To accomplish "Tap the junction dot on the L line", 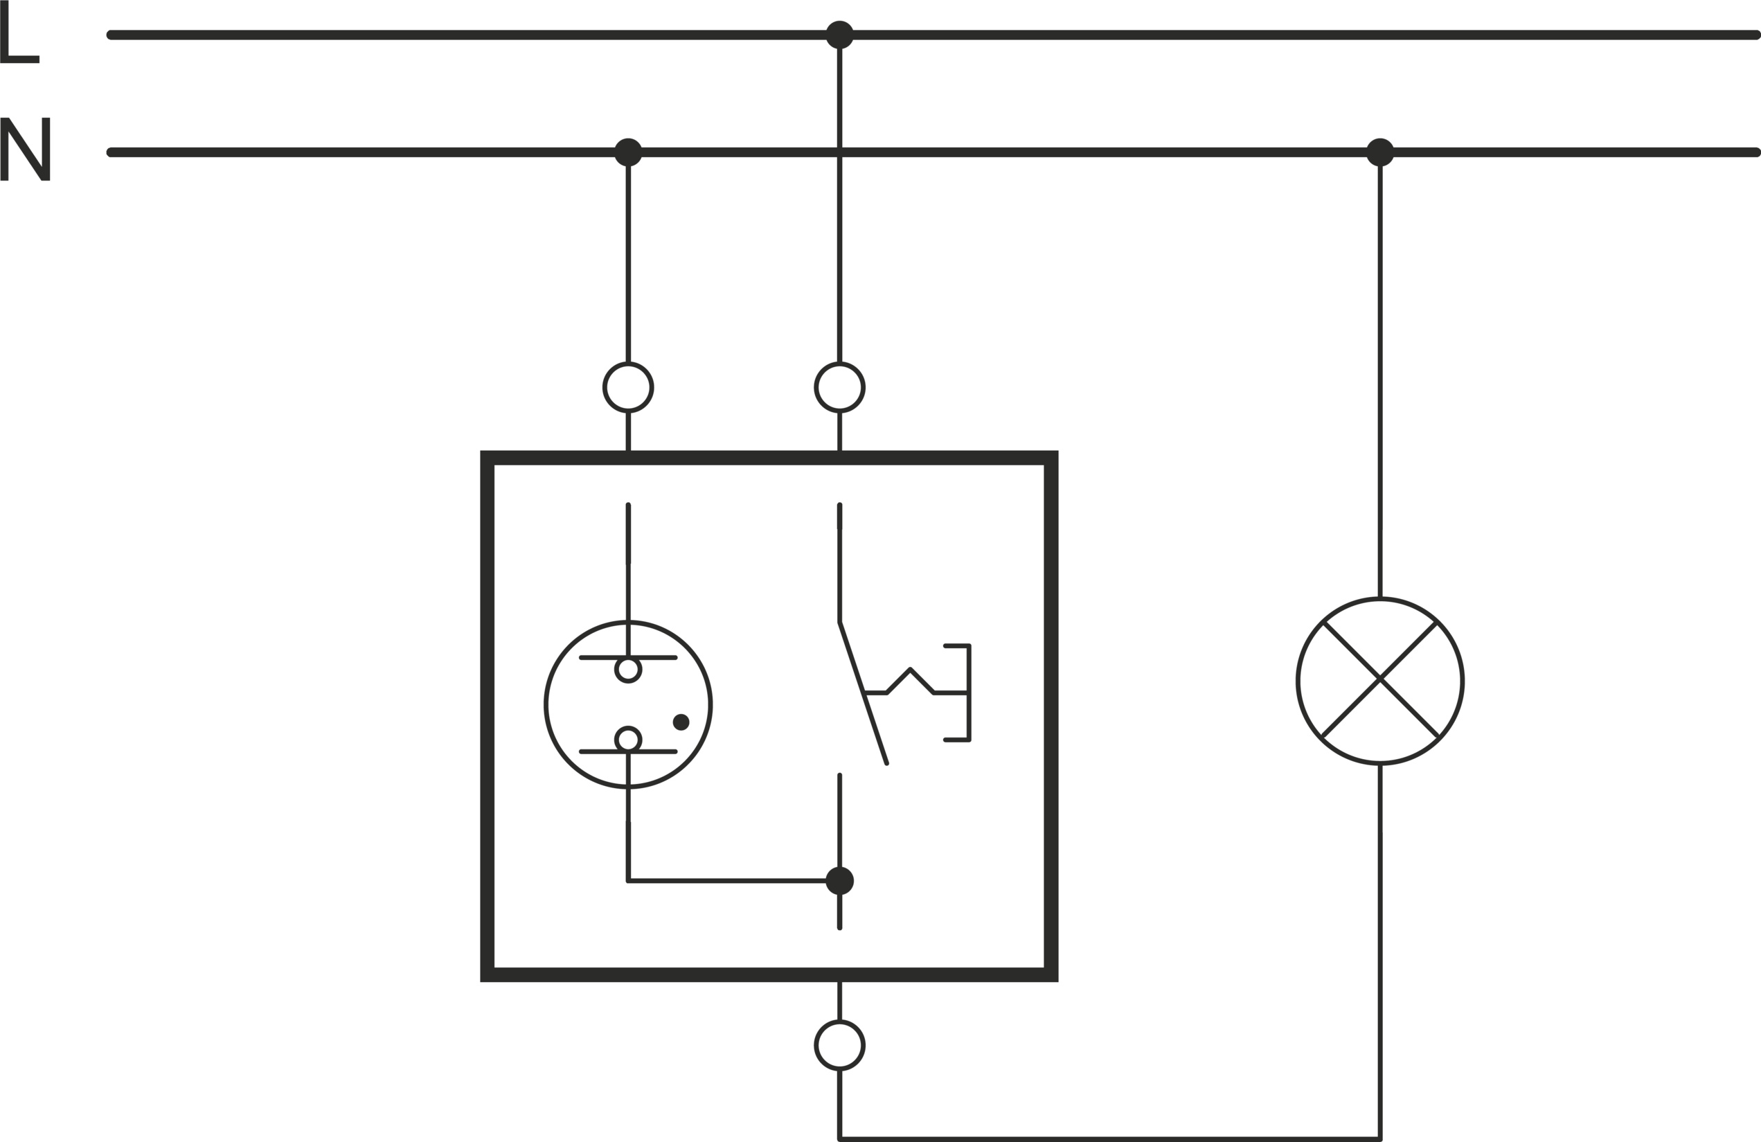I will click(839, 35).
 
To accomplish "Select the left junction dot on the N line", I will click(628, 152).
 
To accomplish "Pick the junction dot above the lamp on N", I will click(1380, 152).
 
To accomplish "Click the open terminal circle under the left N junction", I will click(628, 388).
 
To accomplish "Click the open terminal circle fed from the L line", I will click(839, 388).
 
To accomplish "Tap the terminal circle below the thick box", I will click(839, 1045).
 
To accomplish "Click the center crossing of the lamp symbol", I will click(1381, 679).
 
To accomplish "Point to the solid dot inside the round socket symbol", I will click(681, 722).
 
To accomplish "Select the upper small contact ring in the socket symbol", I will click(628, 670).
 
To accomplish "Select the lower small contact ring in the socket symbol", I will click(628, 740).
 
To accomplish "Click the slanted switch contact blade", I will click(863, 693).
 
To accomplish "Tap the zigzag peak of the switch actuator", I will click(910, 669).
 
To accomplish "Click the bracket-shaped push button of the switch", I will click(967, 693).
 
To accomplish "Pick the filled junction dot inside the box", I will click(840, 881).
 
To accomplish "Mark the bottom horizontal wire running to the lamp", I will click(1110, 1139).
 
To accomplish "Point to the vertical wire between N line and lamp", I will click(1380, 370).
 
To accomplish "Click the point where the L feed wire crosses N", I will click(840, 152).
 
